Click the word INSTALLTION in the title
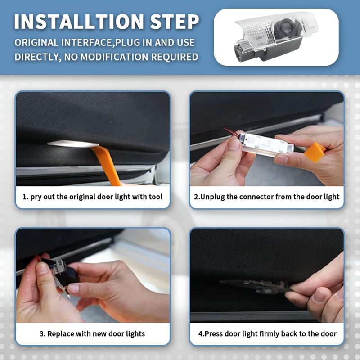pos(79,22)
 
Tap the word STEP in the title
pos(175,22)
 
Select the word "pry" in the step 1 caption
pos(36,197)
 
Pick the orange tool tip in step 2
pos(315,152)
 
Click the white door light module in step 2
pos(266,144)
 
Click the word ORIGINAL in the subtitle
pos(36,43)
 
